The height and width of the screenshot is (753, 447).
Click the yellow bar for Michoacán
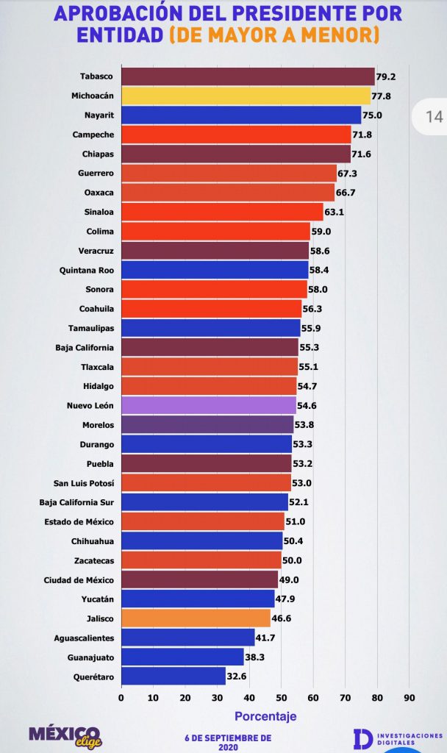(x=246, y=96)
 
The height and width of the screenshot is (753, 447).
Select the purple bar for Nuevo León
(x=209, y=405)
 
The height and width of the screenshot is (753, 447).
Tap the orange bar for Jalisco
(x=196, y=618)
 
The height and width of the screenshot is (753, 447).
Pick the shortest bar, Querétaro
(x=174, y=677)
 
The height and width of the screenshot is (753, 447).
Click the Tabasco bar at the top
(x=248, y=76)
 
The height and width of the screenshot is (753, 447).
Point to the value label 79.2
(x=386, y=76)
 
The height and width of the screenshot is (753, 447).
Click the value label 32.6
(x=236, y=677)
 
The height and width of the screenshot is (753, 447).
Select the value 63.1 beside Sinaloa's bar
(x=335, y=212)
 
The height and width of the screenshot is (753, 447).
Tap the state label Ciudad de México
(x=79, y=580)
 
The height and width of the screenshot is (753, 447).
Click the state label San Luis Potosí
(x=84, y=483)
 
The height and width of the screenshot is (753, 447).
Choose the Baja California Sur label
(x=76, y=502)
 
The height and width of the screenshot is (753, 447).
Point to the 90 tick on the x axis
(x=410, y=698)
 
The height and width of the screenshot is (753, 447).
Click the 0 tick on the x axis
(x=121, y=698)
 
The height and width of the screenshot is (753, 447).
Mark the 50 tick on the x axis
(x=282, y=698)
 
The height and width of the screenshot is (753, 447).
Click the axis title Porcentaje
(x=265, y=716)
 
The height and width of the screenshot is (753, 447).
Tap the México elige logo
(x=65, y=737)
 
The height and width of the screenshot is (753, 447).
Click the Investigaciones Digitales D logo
(x=363, y=738)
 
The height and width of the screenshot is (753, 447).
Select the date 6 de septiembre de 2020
(x=228, y=743)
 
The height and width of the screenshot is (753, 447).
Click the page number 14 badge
(x=434, y=117)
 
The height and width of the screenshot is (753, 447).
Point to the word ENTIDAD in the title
(x=120, y=35)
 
